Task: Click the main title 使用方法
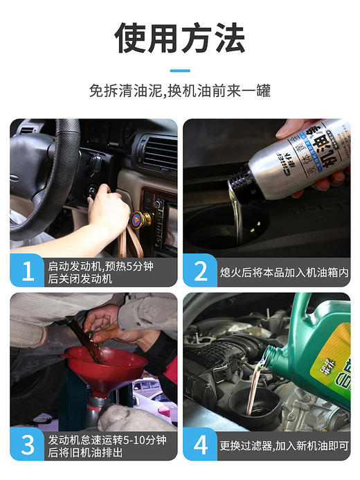tap(179, 37)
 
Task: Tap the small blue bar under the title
tap(179, 70)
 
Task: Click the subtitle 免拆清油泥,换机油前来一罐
tap(179, 91)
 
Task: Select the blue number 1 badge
tap(27, 271)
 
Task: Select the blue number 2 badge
tap(200, 271)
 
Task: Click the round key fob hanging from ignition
tap(141, 220)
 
